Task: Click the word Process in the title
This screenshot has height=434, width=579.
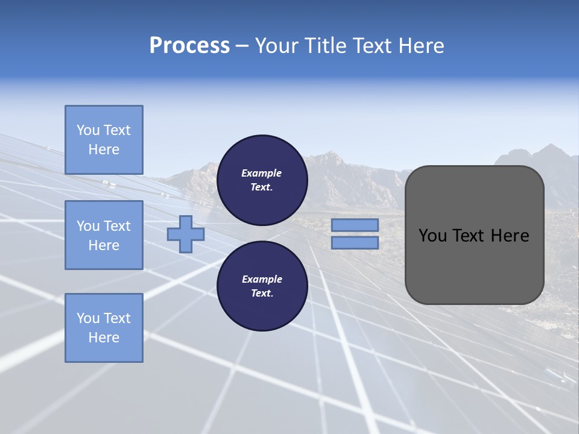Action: [189, 46]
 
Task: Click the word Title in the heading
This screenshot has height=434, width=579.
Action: [326, 46]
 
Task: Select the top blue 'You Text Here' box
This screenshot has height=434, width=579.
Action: [104, 140]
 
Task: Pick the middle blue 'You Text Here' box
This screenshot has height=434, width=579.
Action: [104, 235]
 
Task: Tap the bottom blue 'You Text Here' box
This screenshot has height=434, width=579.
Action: [104, 328]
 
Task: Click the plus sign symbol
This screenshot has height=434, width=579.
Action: [186, 234]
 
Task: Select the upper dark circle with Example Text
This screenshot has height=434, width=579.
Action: [262, 177]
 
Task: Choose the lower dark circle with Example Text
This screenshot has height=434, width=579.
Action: [262, 286]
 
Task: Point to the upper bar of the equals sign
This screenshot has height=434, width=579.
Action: [355, 225]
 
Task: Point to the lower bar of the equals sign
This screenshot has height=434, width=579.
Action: [355, 242]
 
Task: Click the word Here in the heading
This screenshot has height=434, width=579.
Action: [421, 46]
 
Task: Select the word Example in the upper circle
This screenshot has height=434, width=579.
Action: [262, 173]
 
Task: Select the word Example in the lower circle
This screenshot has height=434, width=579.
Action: [262, 279]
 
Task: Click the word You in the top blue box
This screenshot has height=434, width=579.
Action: [87, 130]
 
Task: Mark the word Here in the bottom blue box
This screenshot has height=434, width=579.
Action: [104, 338]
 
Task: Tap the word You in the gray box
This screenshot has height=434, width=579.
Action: [433, 236]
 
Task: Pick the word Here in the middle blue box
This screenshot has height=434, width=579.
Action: [104, 245]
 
